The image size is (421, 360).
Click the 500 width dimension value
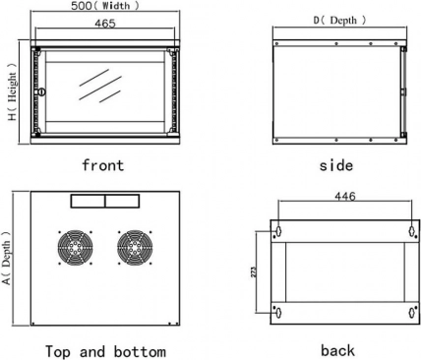(82, 6)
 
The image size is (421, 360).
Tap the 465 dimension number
(105, 24)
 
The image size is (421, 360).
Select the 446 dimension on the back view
(345, 197)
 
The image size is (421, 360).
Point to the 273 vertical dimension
(254, 271)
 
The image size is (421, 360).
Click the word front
(103, 165)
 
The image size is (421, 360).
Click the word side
(336, 165)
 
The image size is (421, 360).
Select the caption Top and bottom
(105, 351)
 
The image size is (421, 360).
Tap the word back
(337, 350)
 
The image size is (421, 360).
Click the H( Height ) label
(12, 91)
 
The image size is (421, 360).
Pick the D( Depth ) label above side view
(339, 21)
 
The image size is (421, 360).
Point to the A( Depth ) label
(7, 258)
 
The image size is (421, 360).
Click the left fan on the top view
(75, 247)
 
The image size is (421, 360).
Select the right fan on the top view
(135, 247)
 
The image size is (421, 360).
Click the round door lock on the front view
(41, 91)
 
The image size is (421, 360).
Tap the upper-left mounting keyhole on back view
(278, 231)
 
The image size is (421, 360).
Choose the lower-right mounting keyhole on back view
(412, 313)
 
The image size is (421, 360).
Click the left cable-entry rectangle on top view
(88, 201)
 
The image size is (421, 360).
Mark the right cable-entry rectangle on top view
(122, 201)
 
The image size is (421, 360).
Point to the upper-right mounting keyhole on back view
(412, 231)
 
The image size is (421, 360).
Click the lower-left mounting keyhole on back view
(278, 313)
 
